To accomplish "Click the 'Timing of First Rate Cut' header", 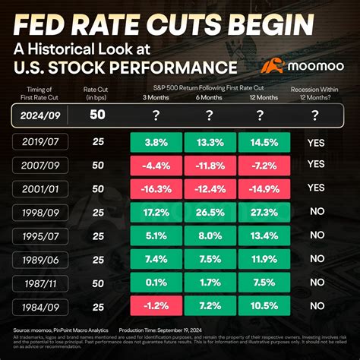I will tap(36, 94).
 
